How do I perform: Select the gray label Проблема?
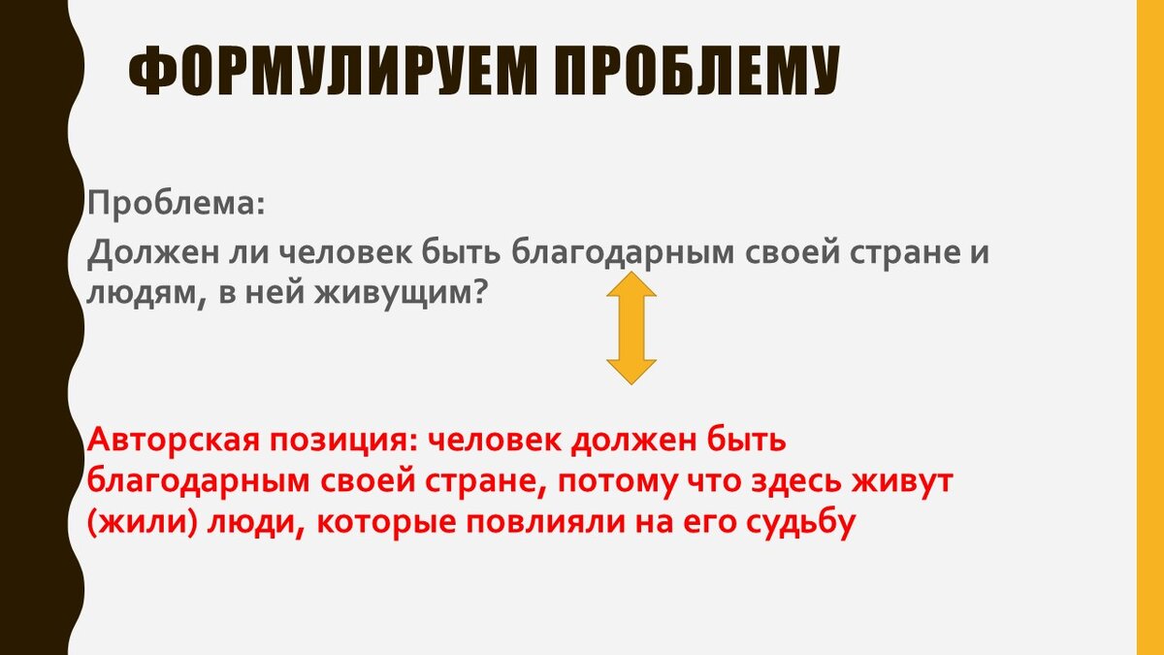click(175, 204)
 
